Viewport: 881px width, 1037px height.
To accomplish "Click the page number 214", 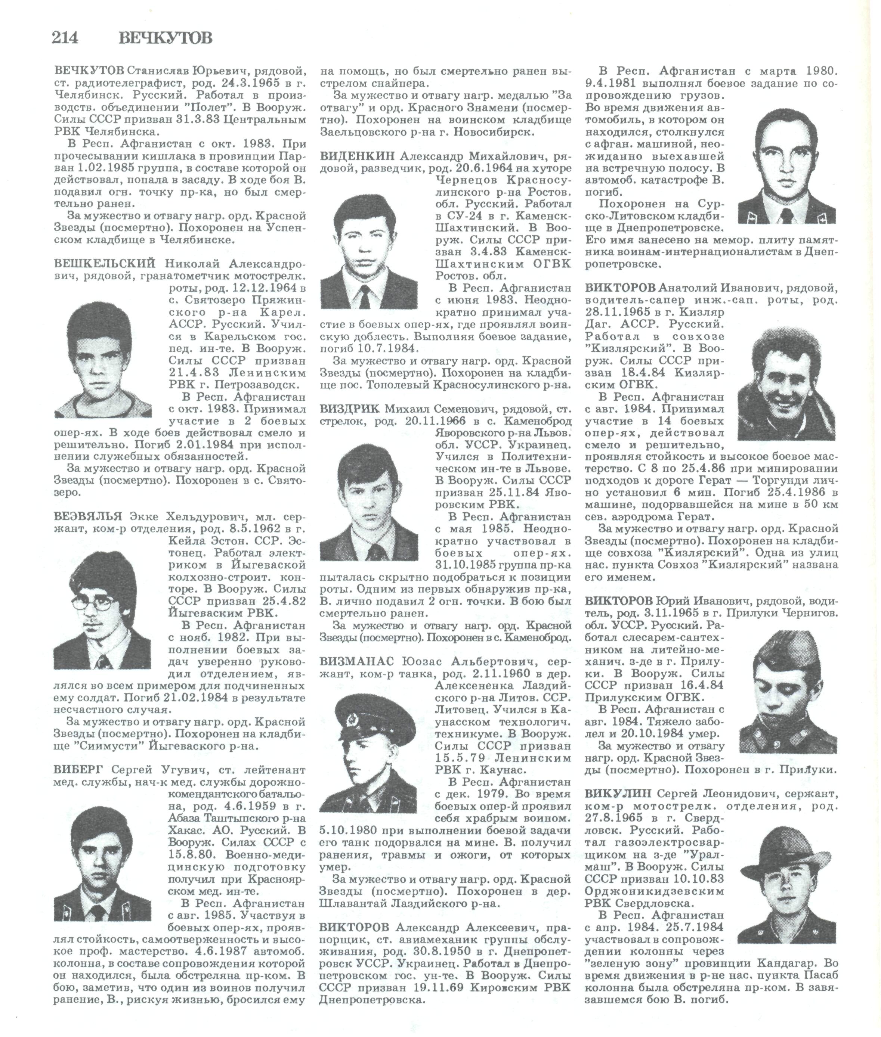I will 65,38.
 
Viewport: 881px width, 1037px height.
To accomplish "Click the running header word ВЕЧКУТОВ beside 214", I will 166,38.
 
